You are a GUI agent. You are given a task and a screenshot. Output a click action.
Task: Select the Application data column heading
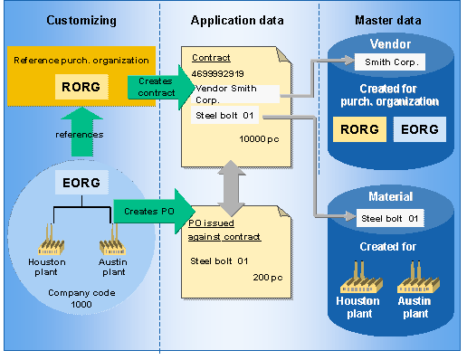click(x=236, y=19)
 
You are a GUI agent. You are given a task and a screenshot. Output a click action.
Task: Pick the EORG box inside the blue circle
click(x=76, y=183)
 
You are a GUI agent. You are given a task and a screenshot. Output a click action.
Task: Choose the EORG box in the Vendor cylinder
click(x=419, y=128)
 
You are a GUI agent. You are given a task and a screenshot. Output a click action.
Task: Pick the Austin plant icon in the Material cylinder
click(x=415, y=274)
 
